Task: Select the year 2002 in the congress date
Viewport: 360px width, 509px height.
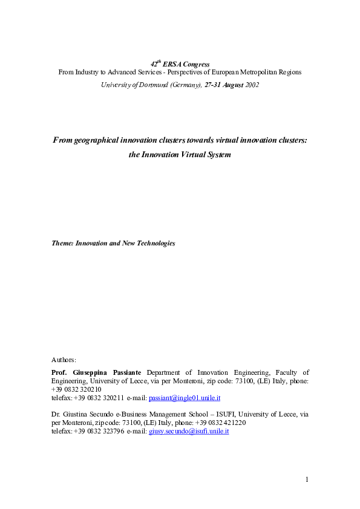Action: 252,85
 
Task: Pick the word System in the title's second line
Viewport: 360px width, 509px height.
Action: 218,154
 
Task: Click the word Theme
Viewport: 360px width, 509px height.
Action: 62,243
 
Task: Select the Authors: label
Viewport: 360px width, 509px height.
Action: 64,360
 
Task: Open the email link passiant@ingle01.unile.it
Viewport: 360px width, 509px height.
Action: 185,398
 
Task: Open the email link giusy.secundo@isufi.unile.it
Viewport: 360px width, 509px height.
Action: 189,432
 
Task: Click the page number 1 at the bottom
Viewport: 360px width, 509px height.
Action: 307,479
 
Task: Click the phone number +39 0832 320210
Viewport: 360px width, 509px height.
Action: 76,390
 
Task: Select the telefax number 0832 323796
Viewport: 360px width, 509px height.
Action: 106,432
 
